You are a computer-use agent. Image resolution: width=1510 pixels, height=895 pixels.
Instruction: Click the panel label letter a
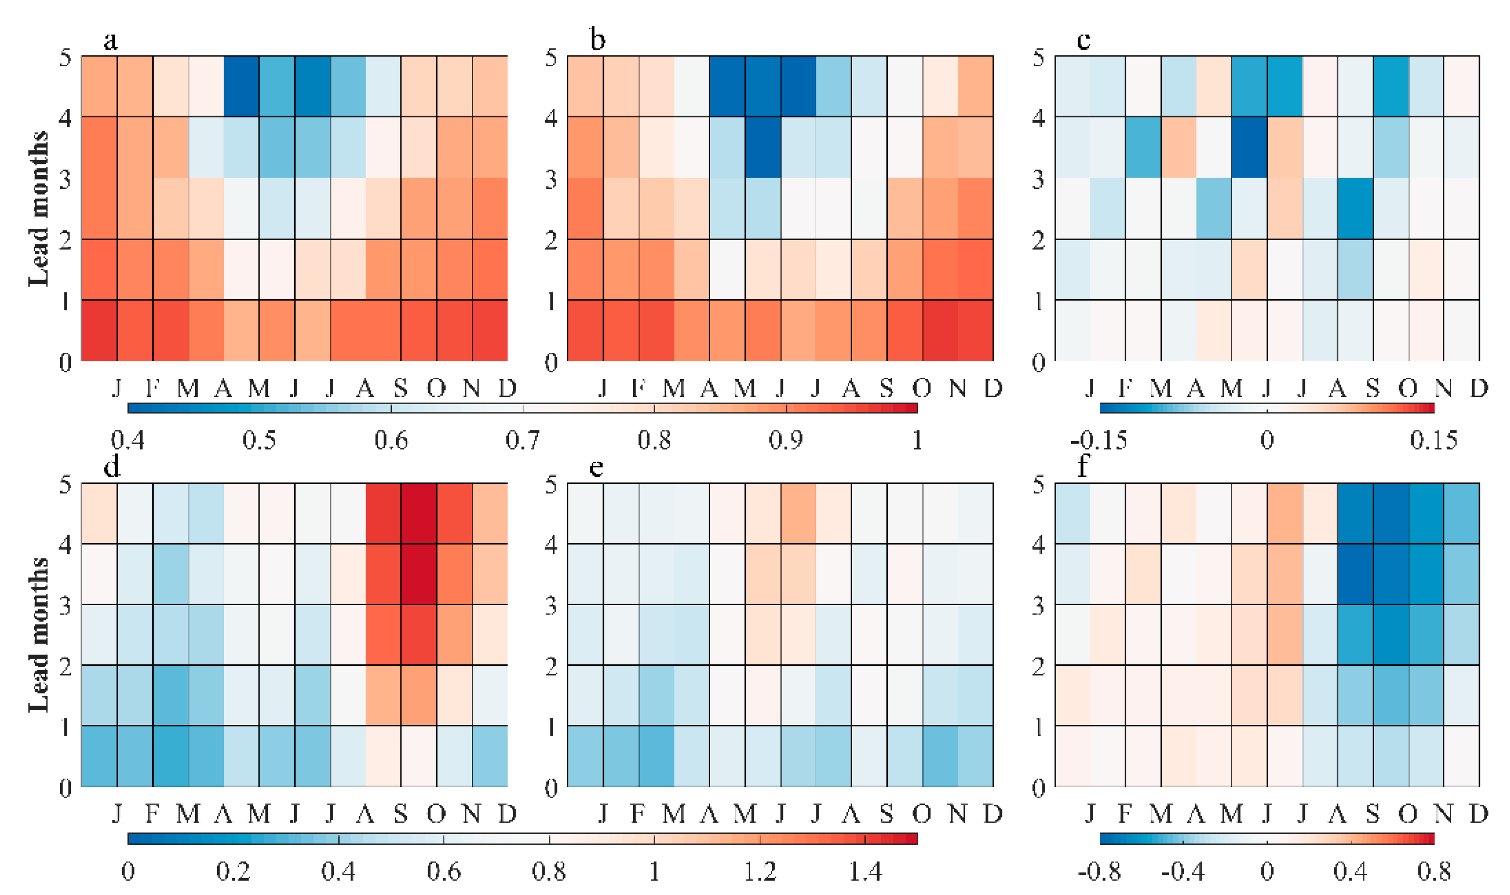[110, 41]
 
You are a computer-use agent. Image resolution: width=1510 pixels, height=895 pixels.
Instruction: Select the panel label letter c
[1083, 41]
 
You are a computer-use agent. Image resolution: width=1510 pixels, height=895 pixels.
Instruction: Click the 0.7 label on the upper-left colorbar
[523, 440]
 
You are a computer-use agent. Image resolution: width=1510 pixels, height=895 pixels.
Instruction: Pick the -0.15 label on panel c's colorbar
[1099, 440]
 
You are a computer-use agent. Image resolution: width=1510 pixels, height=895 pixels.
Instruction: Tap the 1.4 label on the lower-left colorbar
[865, 872]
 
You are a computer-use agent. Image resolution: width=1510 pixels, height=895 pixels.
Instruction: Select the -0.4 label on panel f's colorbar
[1182, 872]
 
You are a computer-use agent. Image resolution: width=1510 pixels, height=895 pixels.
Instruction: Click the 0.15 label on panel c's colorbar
[1433, 440]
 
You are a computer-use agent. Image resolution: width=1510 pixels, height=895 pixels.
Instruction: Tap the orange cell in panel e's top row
[798, 513]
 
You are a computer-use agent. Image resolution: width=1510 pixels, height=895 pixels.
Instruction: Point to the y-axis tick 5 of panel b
[551, 59]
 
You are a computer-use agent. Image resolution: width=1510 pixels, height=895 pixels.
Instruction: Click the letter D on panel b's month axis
[993, 389]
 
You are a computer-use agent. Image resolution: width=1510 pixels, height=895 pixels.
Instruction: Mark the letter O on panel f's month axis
[1408, 814]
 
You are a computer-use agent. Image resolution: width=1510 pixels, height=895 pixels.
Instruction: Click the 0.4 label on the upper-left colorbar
[128, 440]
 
